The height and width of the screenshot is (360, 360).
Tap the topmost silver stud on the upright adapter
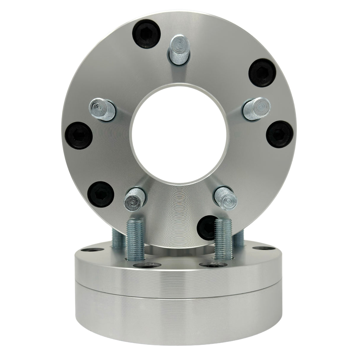click(x=177, y=47)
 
